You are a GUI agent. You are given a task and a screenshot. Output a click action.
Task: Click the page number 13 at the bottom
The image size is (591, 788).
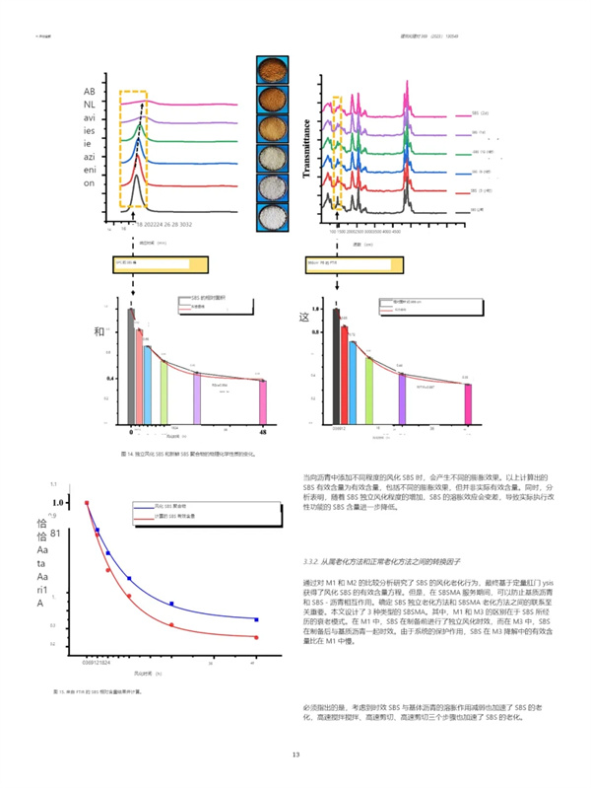tap(295, 754)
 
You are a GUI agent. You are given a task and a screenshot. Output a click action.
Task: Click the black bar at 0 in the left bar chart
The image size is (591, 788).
tap(131, 366)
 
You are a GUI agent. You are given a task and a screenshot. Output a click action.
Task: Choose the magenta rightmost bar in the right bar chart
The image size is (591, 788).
tap(468, 404)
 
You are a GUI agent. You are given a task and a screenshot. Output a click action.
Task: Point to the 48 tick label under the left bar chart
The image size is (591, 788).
tap(263, 432)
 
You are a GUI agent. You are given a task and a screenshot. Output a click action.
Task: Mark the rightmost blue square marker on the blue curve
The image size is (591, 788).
tap(256, 619)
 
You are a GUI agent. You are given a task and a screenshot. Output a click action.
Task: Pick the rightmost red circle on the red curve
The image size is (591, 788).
tap(256, 638)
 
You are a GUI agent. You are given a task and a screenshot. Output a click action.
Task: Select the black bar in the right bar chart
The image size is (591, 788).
tap(336, 366)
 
